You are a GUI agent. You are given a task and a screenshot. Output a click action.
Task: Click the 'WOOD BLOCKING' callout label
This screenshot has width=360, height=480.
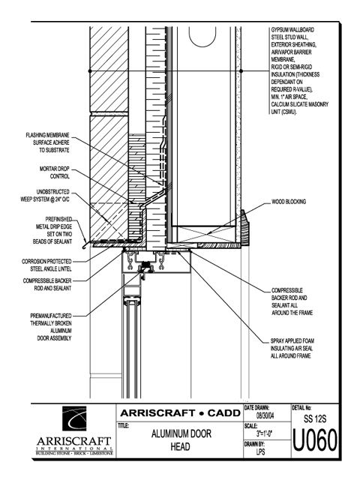click(x=289, y=202)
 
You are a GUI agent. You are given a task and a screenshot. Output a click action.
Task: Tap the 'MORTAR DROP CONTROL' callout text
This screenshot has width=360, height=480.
click(x=55, y=172)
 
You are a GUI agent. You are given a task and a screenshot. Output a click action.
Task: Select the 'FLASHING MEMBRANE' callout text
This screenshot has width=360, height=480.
click(x=48, y=142)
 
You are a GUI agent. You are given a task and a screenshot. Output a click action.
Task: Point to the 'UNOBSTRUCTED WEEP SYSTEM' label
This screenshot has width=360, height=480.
click(x=45, y=196)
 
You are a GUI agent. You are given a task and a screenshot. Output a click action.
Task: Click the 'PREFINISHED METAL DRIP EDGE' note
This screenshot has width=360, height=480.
click(x=52, y=230)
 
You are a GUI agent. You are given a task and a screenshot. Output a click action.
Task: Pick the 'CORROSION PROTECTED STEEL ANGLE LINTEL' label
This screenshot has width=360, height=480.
click(x=46, y=265)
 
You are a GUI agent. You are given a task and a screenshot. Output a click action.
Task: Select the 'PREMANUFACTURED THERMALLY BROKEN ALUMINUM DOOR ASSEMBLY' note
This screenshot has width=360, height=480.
click(x=51, y=327)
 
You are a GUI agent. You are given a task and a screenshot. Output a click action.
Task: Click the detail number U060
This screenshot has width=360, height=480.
click(x=315, y=441)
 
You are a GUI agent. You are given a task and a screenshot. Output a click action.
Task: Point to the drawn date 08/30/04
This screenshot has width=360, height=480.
click(x=265, y=416)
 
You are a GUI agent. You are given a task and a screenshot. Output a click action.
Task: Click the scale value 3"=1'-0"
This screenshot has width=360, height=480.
click(x=265, y=433)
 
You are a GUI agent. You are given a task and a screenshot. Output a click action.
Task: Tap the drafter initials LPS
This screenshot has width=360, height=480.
click(x=261, y=451)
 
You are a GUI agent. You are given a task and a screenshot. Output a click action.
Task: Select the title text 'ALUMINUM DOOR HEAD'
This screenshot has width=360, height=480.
click(x=181, y=440)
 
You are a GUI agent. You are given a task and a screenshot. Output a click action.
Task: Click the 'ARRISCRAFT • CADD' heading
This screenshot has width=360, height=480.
click(x=180, y=413)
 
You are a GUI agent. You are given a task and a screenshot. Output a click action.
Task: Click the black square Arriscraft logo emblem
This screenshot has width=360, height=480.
click(x=74, y=418)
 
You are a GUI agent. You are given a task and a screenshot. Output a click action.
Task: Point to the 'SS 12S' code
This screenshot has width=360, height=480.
click(x=315, y=418)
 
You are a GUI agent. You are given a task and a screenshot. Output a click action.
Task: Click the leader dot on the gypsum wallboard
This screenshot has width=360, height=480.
click(x=241, y=71)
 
